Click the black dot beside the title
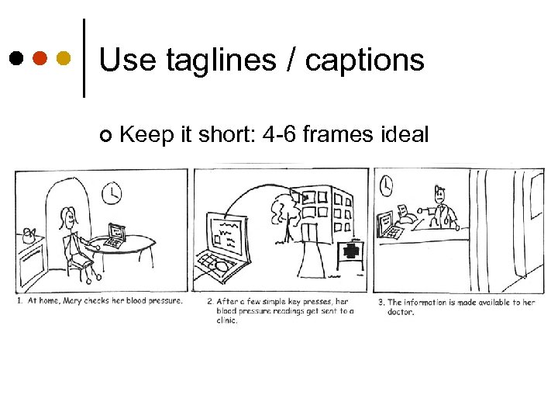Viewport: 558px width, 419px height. tap(15, 58)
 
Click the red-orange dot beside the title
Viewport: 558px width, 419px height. tap(40, 58)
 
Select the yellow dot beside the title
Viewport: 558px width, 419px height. tap(64, 58)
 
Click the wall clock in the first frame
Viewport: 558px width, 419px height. tap(112, 193)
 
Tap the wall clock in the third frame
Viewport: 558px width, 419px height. tap(386, 185)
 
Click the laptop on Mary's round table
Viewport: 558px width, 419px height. tap(115, 235)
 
